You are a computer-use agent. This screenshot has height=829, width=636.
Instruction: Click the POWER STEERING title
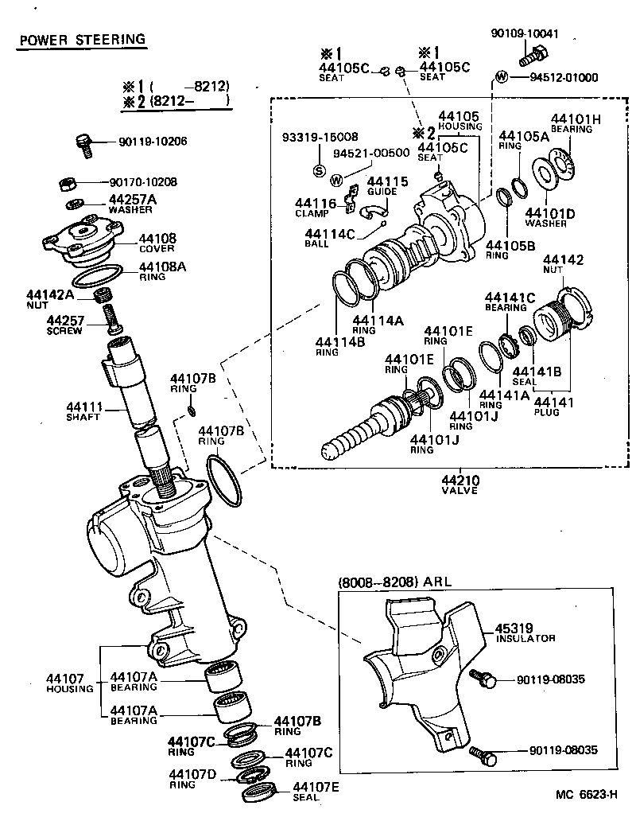click(x=82, y=39)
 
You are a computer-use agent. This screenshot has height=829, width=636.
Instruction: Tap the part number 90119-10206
click(x=153, y=142)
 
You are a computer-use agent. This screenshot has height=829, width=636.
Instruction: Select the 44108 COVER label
click(x=157, y=242)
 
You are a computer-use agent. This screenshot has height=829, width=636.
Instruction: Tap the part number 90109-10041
click(x=525, y=34)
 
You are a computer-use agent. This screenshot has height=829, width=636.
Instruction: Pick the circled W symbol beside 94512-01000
click(x=501, y=77)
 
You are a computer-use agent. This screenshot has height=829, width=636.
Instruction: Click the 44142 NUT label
click(x=563, y=265)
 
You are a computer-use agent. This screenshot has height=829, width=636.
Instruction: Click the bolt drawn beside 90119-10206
click(x=83, y=143)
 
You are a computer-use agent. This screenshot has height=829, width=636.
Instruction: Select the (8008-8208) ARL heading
click(x=394, y=582)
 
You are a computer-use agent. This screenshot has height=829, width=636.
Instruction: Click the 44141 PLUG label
click(x=553, y=407)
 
